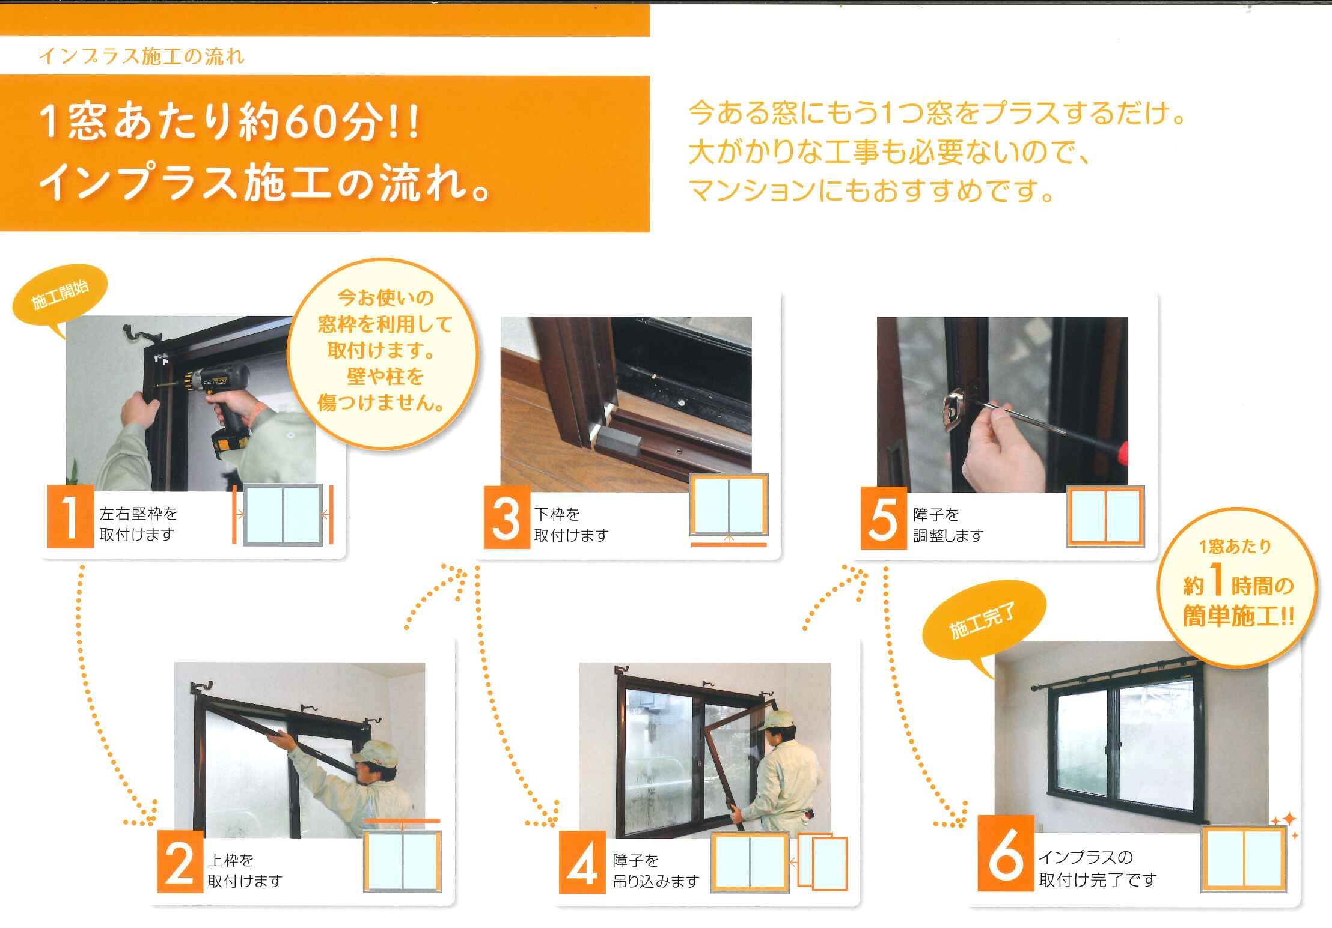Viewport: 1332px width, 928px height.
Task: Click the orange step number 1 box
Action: (70, 517)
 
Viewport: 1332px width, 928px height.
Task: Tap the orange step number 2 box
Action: (180, 862)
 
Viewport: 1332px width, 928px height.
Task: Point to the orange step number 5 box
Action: (884, 518)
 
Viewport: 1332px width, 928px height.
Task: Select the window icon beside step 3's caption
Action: (729, 509)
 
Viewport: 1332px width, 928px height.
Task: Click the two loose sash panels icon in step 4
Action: (822, 861)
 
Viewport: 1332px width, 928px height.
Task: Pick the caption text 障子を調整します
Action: (948, 524)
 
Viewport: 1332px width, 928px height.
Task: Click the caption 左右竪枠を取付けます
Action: (138, 524)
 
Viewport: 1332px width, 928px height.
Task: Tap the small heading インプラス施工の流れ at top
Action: (141, 56)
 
